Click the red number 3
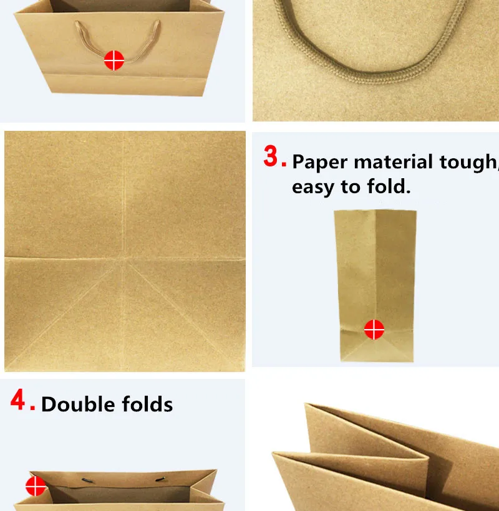click(x=270, y=156)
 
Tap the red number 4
click(x=17, y=399)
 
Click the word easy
click(x=313, y=188)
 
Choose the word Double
click(x=78, y=404)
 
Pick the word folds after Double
click(x=147, y=404)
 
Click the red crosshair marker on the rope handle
click(x=114, y=60)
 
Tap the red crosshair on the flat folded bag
click(x=374, y=330)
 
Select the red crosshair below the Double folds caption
click(x=36, y=486)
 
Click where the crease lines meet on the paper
click(x=124, y=259)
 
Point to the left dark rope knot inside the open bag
click(x=87, y=480)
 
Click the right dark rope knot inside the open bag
click(x=160, y=479)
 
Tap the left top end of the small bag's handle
click(x=77, y=23)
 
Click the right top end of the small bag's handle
click(x=158, y=22)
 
